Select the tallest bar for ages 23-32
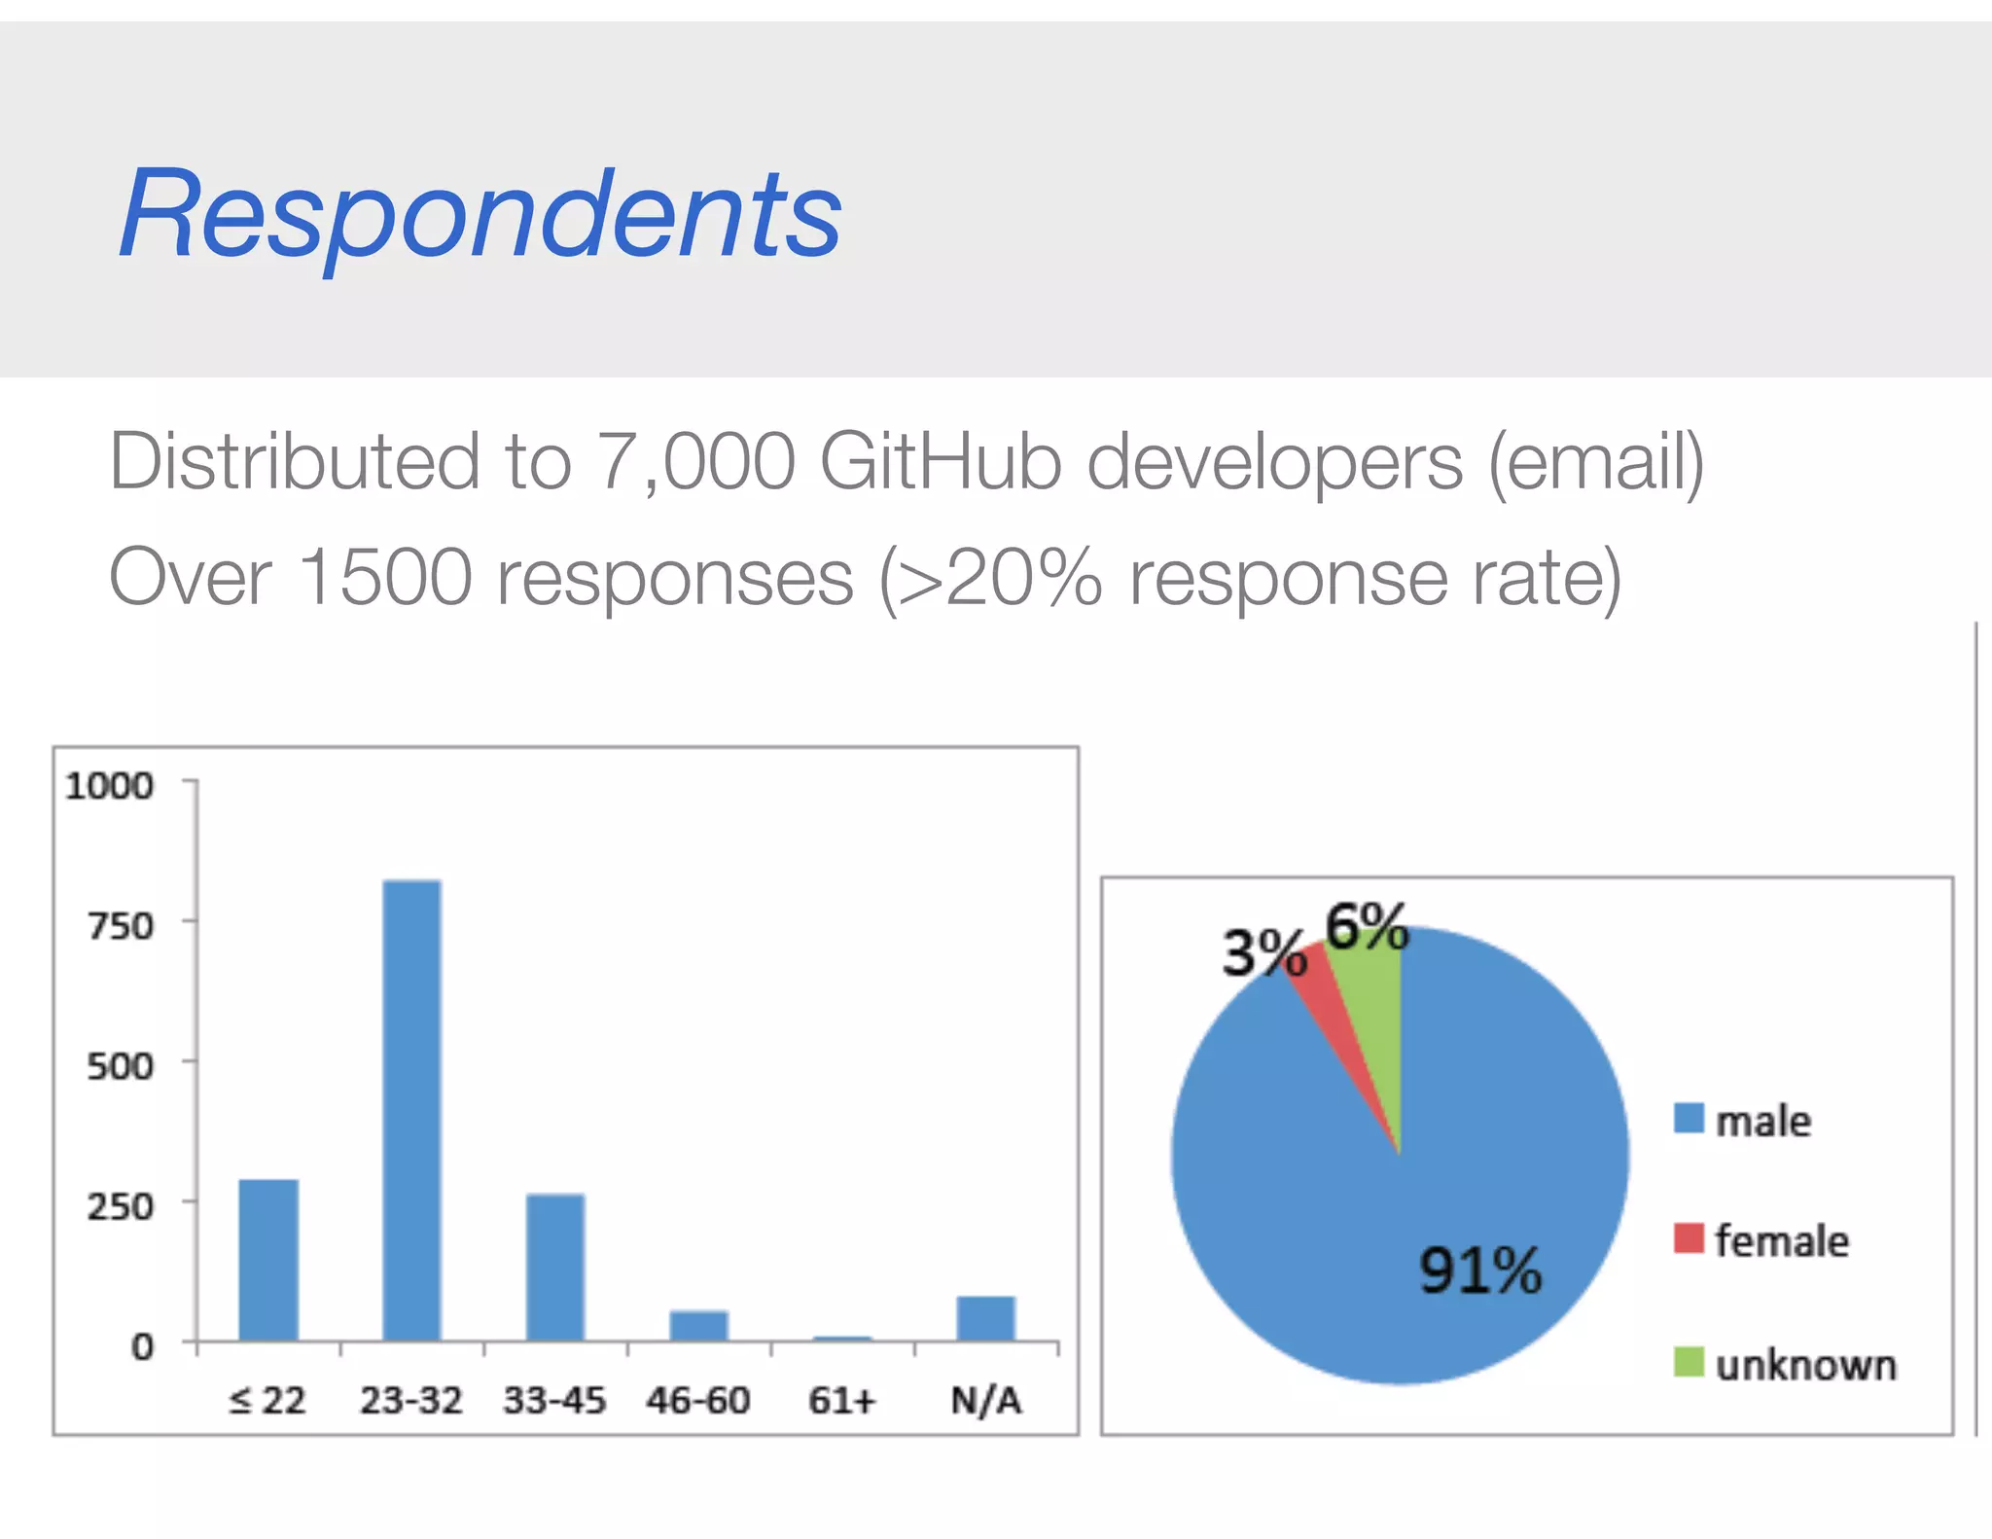tap(411, 1109)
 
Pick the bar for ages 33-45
tap(555, 1267)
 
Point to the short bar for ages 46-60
tap(698, 1325)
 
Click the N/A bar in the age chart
tap(985, 1318)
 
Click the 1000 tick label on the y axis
tap(109, 786)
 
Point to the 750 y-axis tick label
tap(121, 926)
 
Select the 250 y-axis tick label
tap(121, 1207)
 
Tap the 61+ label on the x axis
tap(841, 1401)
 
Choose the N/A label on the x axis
tap(985, 1401)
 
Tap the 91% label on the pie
tap(1479, 1271)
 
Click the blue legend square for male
tap(1689, 1119)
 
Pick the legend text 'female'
tap(1781, 1241)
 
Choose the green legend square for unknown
tap(1689, 1362)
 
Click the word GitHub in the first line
tap(940, 461)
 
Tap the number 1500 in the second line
tap(385, 578)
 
